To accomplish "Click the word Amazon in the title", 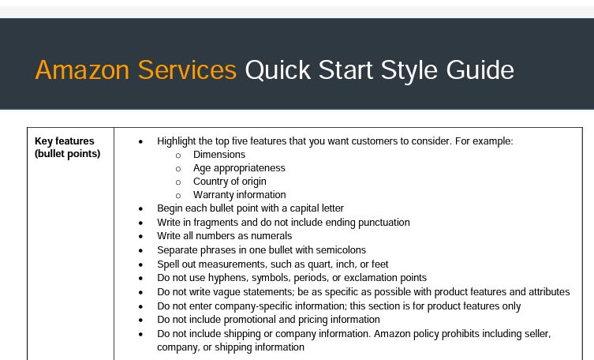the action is point(82,70).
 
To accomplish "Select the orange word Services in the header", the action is point(187,70).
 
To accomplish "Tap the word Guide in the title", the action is point(480,70).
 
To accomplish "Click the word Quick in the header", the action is point(278,70).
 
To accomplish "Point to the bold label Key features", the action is point(65,141).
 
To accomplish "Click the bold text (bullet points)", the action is point(67,154).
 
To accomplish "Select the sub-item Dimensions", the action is point(219,155).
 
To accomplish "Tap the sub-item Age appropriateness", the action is point(239,168).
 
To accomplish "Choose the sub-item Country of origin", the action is point(230,182).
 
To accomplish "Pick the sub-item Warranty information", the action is point(240,195).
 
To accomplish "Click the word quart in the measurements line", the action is point(319,264).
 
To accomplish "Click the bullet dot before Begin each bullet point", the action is point(141,208).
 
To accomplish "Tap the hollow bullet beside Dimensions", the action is point(178,156).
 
